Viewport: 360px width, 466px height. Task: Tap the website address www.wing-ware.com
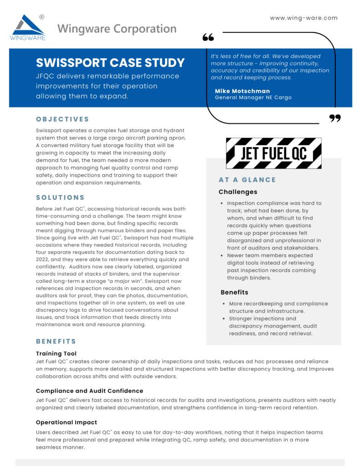304,18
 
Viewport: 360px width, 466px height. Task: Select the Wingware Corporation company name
117,29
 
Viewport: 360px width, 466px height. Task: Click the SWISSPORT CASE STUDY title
110,63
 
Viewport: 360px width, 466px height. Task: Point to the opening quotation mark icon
208,37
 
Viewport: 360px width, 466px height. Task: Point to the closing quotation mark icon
335,119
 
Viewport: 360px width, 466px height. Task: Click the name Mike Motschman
242,91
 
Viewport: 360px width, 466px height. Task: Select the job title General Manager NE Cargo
253,97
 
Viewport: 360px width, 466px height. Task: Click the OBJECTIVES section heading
63,119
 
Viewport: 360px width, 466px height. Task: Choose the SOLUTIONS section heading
61,198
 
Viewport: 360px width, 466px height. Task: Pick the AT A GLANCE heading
247,180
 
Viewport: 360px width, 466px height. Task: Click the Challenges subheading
238,192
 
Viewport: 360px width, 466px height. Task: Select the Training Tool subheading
56,354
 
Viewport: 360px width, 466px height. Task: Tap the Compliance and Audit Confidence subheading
90,391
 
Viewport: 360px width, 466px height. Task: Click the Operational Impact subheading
66,422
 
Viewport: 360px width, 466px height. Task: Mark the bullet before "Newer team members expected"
222,256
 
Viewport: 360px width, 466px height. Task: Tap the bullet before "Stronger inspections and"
223,319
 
